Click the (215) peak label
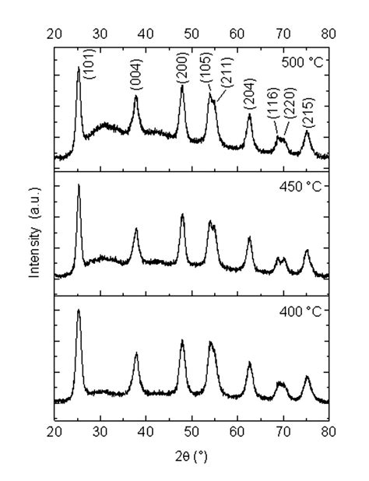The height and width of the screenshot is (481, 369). click(x=307, y=114)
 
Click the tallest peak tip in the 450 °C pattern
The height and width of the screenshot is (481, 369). click(x=79, y=185)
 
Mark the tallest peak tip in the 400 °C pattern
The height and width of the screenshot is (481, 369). click(x=79, y=311)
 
